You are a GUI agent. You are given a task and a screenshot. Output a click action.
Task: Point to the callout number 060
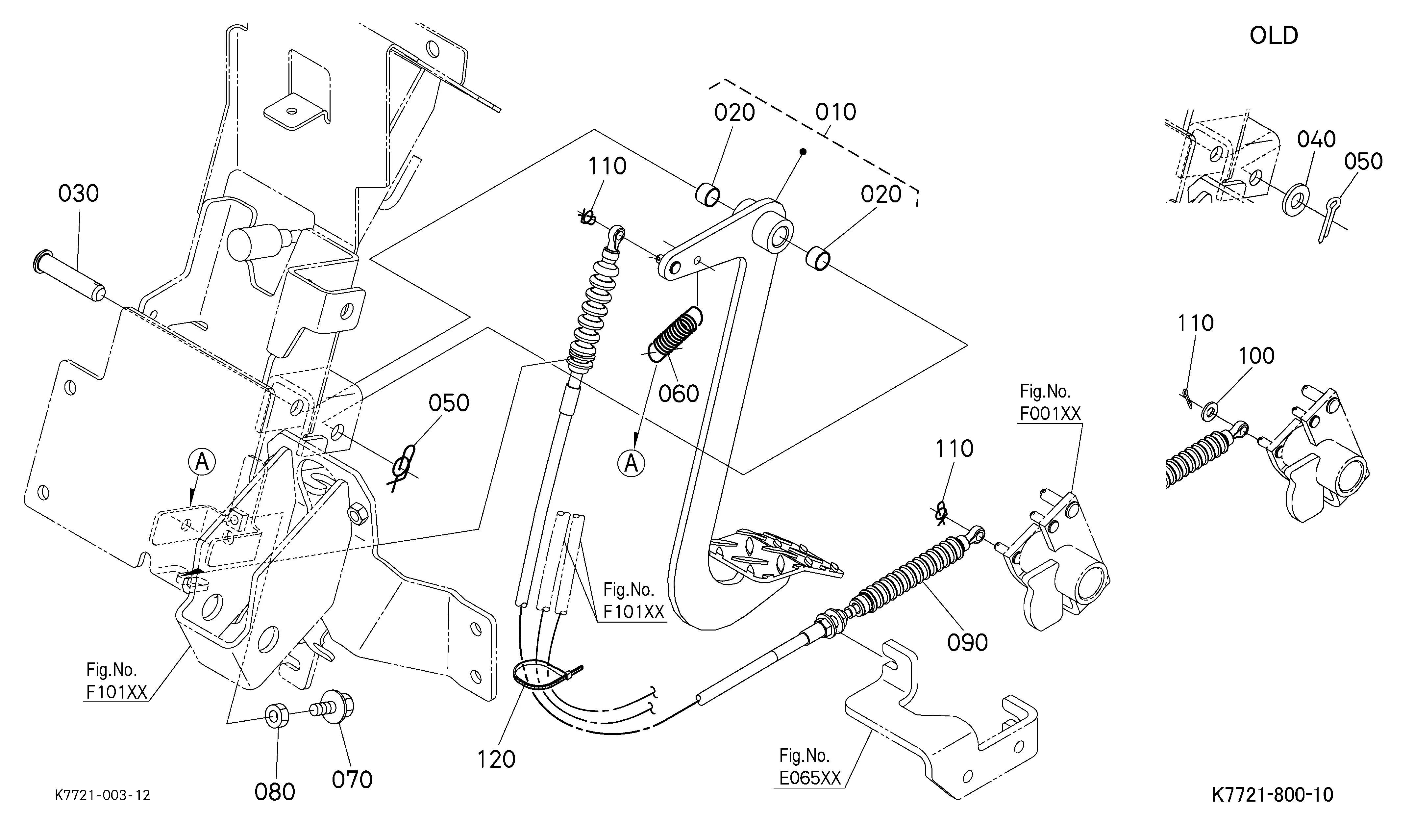point(678,394)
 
